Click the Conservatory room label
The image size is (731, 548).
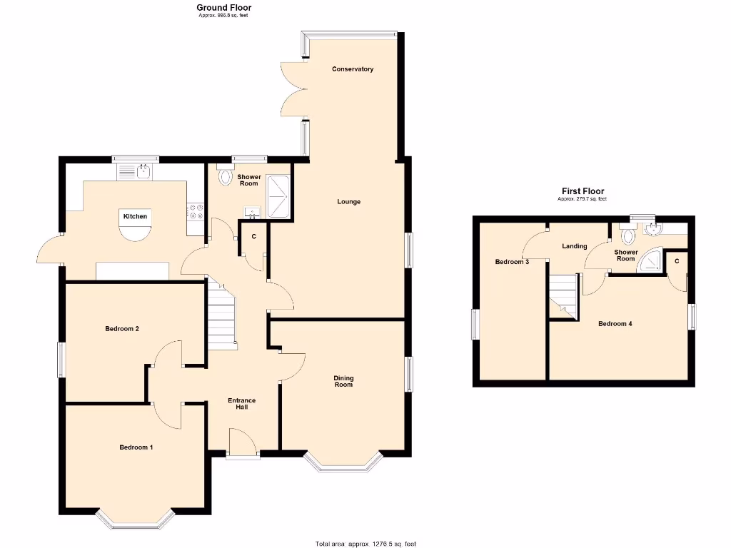point(353,69)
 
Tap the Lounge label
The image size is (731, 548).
point(349,202)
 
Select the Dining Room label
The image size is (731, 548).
point(344,382)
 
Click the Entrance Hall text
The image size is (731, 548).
point(241,404)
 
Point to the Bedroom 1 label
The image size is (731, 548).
point(136,447)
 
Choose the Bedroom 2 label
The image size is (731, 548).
point(121,329)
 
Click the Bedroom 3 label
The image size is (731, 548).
point(512,262)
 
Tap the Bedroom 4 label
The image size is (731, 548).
point(615,324)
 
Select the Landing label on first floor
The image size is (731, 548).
point(574,246)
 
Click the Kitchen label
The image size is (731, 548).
point(135,216)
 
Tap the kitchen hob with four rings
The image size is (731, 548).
point(195,212)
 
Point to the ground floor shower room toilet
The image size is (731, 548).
point(225,176)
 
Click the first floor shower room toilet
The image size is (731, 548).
point(627,236)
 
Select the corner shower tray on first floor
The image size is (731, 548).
point(650,262)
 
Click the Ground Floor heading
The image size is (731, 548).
point(224,8)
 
